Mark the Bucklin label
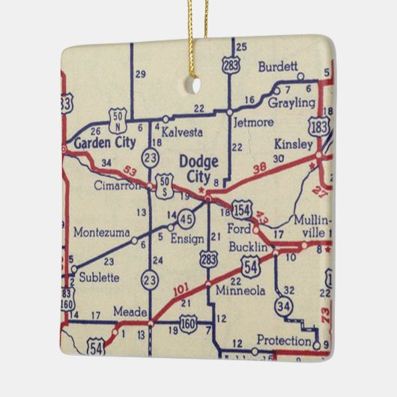[x=249, y=247]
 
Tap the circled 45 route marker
[x=186, y=219]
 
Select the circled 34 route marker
[x=282, y=306]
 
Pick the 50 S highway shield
[x=165, y=184]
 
